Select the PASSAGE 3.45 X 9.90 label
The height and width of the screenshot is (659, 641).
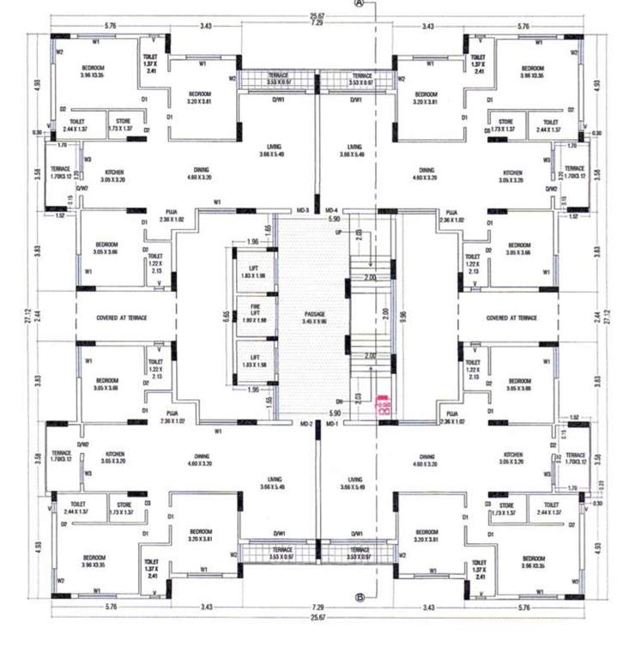coord(317,317)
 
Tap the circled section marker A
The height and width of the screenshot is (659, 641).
coord(360,4)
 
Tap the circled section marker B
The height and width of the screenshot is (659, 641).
coord(360,597)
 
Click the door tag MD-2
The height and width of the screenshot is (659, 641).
coord(305,424)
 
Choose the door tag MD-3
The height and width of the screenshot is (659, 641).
coord(302,209)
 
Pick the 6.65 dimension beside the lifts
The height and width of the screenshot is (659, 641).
coord(226,316)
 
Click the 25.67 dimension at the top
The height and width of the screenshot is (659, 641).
coord(317,15)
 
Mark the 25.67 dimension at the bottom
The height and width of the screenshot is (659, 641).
coord(317,617)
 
